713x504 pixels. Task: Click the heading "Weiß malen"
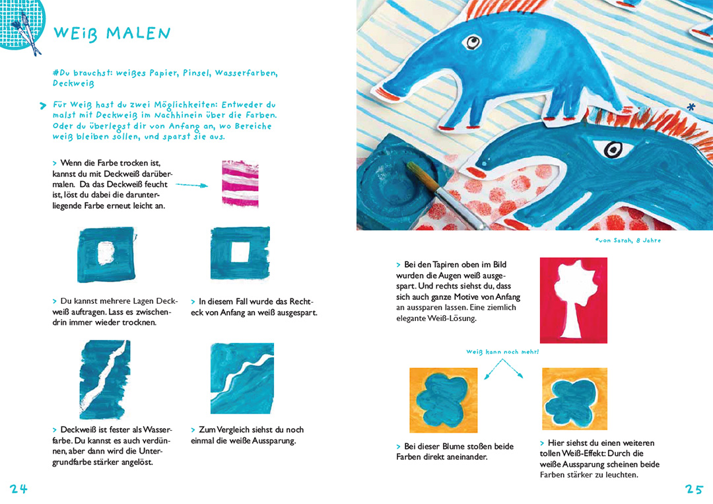(x=112, y=33)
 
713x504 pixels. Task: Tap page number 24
(x=18, y=489)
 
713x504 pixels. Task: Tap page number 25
(x=694, y=489)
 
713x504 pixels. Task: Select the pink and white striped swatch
(x=240, y=184)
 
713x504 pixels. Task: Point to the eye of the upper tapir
(x=472, y=42)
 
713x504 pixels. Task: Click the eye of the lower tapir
(x=613, y=149)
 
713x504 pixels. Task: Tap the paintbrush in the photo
(x=444, y=194)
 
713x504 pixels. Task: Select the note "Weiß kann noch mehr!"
(x=502, y=351)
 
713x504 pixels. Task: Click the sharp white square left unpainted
(x=240, y=252)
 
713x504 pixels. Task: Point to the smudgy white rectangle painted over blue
(x=106, y=253)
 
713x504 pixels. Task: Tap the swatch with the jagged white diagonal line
(x=105, y=379)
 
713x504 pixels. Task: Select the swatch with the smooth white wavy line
(x=242, y=378)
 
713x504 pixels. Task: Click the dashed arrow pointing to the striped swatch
(x=192, y=185)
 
